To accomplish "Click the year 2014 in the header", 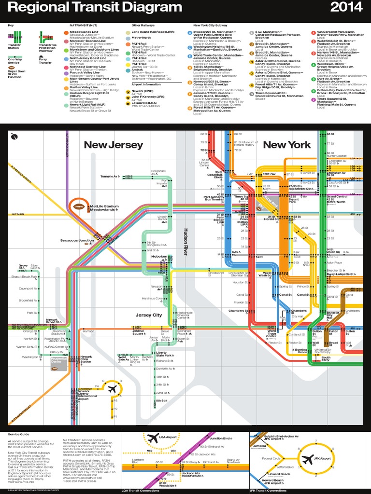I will click(x=344, y=8).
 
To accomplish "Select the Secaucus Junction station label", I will click(x=77, y=240).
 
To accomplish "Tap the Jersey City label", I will click(x=149, y=315).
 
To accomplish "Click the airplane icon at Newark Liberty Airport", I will click(x=112, y=389).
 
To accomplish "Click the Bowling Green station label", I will click(x=301, y=351).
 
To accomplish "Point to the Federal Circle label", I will click(x=271, y=458).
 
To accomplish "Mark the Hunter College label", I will click(x=337, y=156).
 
